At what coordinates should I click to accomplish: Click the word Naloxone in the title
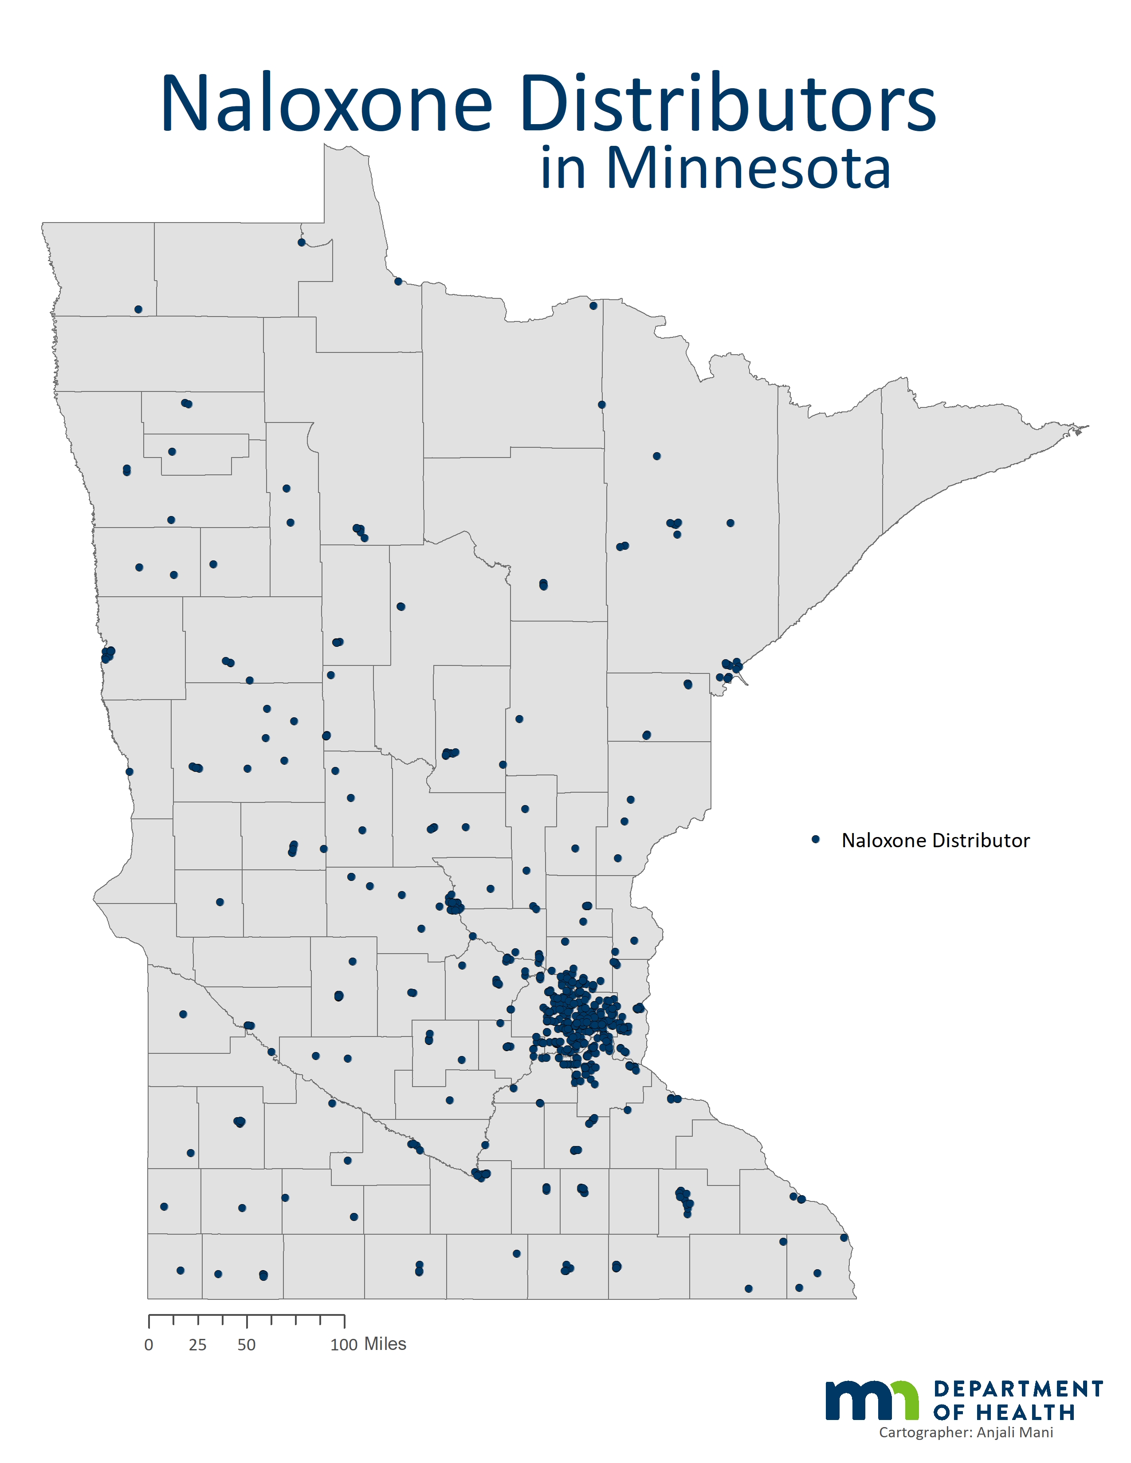[326, 104]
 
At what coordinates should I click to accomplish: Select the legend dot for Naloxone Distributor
[815, 839]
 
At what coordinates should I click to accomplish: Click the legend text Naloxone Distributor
[935, 841]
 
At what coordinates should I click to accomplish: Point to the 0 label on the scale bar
[149, 1345]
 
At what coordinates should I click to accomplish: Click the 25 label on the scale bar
[198, 1345]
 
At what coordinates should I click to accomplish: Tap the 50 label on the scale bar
[247, 1345]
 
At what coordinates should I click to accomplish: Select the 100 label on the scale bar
[344, 1345]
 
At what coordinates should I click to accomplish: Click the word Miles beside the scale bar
[385, 1344]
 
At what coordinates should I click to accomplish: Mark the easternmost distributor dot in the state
[844, 1238]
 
